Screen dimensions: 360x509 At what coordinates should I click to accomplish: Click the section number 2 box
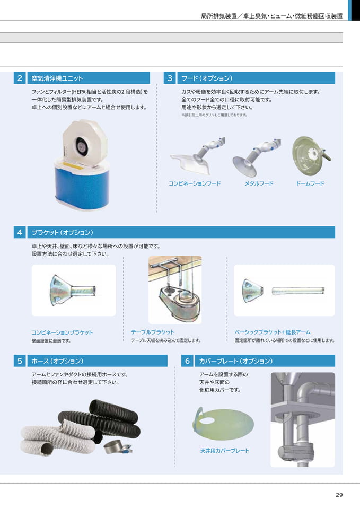click(x=20, y=78)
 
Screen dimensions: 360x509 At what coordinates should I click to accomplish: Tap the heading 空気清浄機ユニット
click(x=57, y=78)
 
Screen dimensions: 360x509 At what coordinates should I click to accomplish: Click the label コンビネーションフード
click(x=195, y=183)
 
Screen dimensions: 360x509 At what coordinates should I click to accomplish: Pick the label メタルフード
click(x=259, y=183)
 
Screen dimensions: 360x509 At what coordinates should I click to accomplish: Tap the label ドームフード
click(x=310, y=183)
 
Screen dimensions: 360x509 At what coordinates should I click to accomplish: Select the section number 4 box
click(x=20, y=232)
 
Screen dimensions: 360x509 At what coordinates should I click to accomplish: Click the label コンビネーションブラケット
click(x=62, y=332)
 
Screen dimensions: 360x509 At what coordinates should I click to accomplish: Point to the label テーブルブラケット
click(x=153, y=332)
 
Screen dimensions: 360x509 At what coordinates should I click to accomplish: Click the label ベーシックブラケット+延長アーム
click(x=273, y=332)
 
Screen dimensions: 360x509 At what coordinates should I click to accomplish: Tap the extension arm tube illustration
click(x=298, y=291)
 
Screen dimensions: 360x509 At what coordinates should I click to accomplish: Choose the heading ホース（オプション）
click(x=57, y=361)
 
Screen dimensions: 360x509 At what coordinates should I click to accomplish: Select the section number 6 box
click(x=187, y=361)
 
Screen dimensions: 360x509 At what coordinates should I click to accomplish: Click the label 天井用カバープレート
click(x=225, y=451)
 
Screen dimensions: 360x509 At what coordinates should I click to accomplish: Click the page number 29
click(x=339, y=495)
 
